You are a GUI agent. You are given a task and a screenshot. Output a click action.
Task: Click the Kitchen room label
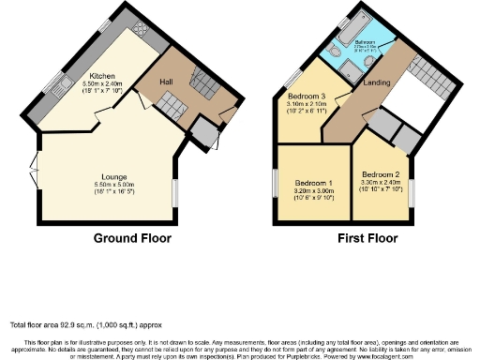(102, 76)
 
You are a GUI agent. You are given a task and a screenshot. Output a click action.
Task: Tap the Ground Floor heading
(132, 238)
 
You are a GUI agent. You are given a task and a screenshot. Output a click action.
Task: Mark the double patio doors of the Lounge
(36, 176)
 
